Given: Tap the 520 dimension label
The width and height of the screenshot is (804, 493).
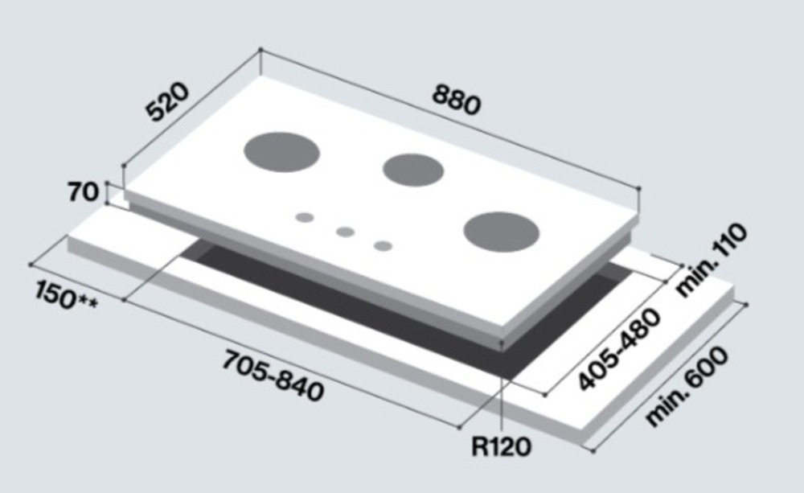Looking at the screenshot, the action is pyautogui.click(x=167, y=101).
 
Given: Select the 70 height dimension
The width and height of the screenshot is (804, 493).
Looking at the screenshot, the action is pyautogui.click(x=83, y=192).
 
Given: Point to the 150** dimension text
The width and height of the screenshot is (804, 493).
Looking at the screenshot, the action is pyautogui.click(x=66, y=295).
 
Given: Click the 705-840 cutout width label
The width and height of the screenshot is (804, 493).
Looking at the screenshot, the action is pyautogui.click(x=273, y=376).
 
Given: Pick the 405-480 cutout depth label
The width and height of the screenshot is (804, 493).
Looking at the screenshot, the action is pyautogui.click(x=619, y=350).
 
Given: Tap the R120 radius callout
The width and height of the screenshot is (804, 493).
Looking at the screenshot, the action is pyautogui.click(x=501, y=446).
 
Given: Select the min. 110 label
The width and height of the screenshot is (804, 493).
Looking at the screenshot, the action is pyautogui.click(x=712, y=260).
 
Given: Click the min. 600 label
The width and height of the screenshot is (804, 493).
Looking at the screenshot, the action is pyautogui.click(x=686, y=387).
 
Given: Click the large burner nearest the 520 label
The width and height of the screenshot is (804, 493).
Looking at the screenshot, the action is pyautogui.click(x=281, y=152).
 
